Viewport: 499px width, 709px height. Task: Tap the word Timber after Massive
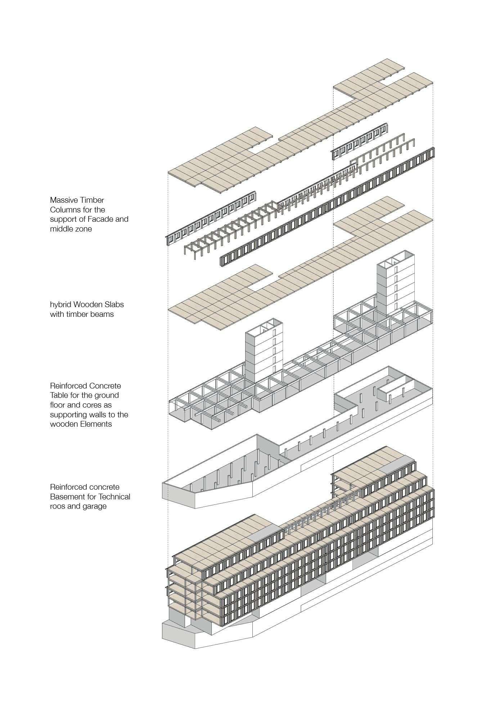point(92,200)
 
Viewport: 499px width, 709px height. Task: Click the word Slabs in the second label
point(114,305)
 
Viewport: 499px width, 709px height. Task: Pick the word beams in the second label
point(103,314)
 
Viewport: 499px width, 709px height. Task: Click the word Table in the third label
point(59,395)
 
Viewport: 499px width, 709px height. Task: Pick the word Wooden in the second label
point(89,305)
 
